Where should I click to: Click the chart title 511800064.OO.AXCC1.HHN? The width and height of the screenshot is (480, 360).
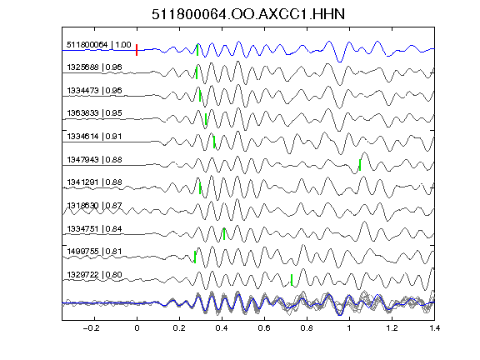[248, 14]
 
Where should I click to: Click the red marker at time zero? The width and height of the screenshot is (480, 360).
[137, 50]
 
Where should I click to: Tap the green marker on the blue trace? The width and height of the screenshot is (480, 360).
[197, 50]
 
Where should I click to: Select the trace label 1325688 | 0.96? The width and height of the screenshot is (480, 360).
[94, 67]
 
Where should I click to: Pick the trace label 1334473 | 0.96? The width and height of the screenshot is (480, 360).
[94, 91]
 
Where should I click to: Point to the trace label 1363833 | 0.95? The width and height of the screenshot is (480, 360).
[94, 113]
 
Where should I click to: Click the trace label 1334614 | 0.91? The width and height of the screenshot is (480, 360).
[94, 137]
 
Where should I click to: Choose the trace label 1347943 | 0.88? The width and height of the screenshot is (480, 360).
[94, 160]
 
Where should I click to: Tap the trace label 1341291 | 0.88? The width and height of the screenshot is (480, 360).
[94, 182]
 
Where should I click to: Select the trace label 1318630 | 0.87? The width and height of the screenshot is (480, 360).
[94, 205]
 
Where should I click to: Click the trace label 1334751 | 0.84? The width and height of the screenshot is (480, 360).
[94, 229]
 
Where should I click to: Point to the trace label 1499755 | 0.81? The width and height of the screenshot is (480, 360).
[94, 252]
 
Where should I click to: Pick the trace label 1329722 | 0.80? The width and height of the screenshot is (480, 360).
[94, 275]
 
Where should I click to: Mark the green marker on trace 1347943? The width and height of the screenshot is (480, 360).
[360, 165]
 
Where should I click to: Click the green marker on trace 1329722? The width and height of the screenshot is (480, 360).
[292, 280]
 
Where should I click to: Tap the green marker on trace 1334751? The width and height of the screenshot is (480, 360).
[224, 234]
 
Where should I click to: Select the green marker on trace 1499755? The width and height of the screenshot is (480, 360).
[195, 257]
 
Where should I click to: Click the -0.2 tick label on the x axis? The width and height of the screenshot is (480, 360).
[91, 328]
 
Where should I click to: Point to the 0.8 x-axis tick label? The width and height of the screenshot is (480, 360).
[307, 328]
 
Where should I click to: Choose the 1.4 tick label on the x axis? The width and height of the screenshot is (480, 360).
[435, 328]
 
